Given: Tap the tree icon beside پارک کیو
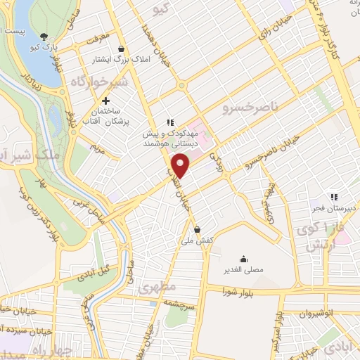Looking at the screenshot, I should pyautogui.click(x=44, y=37).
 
